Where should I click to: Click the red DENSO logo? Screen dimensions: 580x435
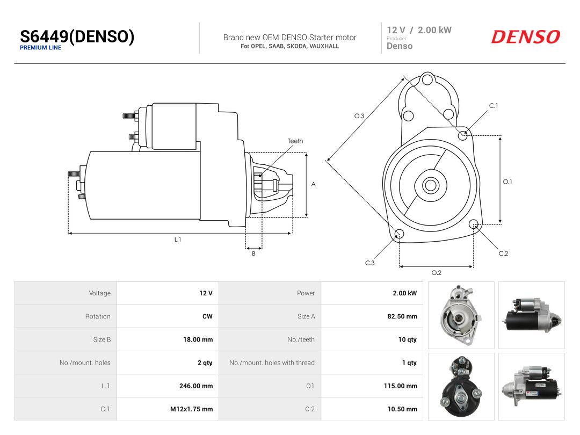(526, 37)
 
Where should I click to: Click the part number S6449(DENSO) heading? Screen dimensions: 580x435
(77, 37)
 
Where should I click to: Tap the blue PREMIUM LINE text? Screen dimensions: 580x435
(41, 48)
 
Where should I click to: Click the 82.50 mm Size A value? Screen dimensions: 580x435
(402, 317)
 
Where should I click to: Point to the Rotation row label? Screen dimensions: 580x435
(98, 317)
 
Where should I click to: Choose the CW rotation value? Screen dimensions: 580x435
(207, 317)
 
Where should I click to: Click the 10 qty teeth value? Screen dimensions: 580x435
(408, 339)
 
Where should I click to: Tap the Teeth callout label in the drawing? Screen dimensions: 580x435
(295, 141)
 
